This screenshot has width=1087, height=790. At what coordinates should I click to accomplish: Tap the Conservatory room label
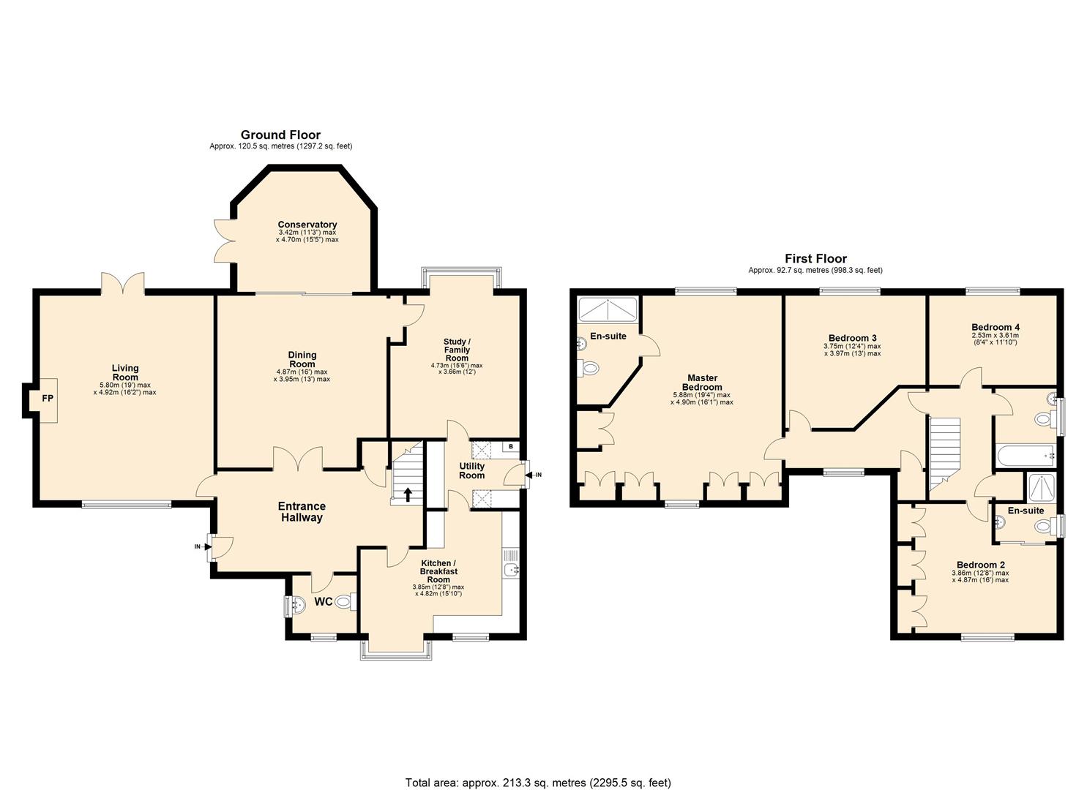point(307,225)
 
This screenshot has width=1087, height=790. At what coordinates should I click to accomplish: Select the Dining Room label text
point(302,359)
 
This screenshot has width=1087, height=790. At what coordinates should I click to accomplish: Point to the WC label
point(323,602)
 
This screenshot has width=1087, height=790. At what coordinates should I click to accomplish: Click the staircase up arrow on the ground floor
point(408,494)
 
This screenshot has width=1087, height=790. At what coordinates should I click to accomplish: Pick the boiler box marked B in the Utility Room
point(511,447)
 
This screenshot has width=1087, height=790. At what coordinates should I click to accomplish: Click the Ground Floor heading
point(280,135)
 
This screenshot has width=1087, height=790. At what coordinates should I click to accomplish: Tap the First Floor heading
point(815,258)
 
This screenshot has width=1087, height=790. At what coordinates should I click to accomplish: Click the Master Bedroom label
point(702,383)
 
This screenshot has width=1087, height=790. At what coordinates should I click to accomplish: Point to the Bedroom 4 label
point(995,327)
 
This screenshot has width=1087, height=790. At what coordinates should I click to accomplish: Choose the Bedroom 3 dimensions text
point(851,350)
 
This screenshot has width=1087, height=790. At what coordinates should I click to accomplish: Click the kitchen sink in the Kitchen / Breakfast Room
point(511,568)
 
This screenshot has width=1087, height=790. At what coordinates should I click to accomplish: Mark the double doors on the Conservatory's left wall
point(222,240)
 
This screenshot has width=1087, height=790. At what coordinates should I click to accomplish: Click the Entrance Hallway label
point(302,511)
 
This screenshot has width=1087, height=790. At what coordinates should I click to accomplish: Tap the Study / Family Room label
point(457,350)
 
